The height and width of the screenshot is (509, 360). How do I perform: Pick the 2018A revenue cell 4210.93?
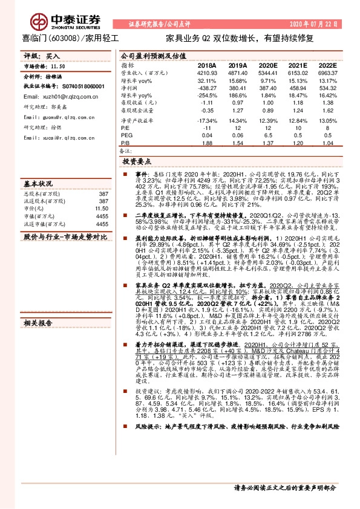tap(207, 73)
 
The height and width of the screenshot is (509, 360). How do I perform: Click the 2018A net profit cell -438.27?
tap(207, 88)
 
